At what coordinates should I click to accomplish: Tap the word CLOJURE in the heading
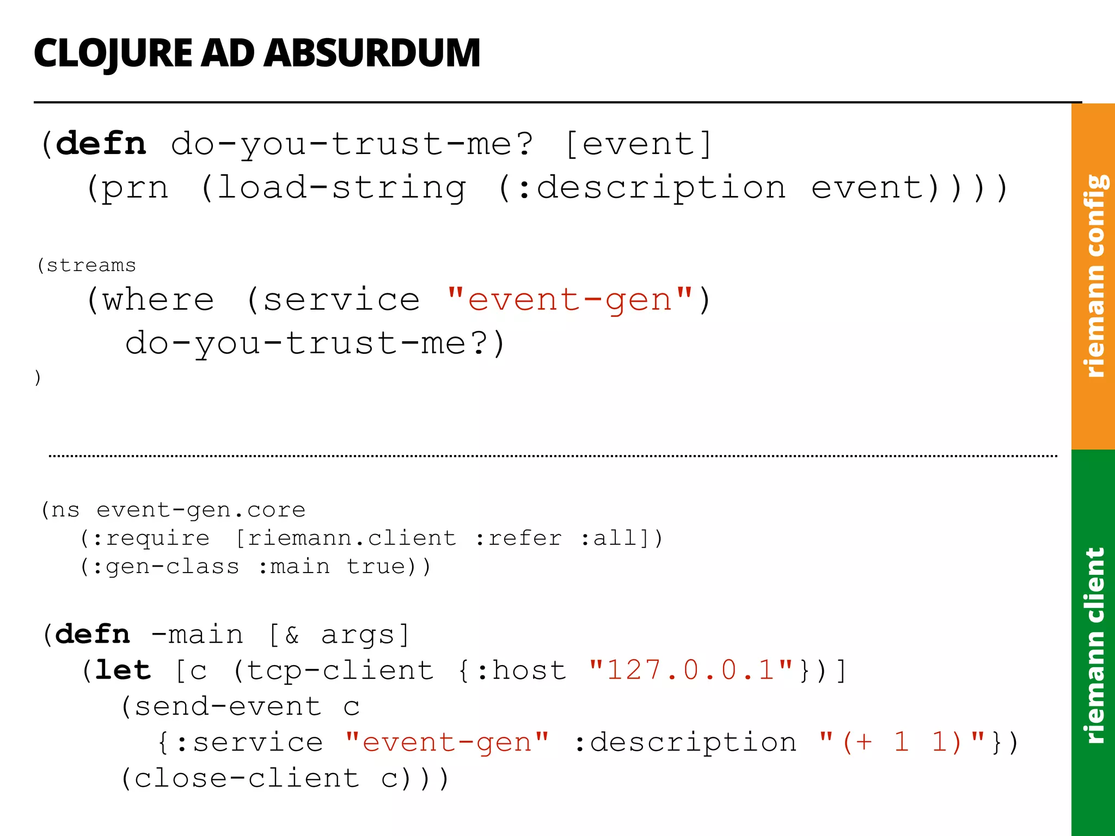point(113,54)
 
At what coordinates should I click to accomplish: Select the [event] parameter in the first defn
point(638,145)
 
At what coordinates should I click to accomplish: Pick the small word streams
point(91,266)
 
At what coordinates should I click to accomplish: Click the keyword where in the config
point(158,300)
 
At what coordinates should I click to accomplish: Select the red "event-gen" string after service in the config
point(569,300)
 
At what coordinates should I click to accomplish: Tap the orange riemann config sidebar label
point(1094,275)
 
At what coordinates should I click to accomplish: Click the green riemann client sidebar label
point(1094,644)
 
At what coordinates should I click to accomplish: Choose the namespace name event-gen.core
point(201,510)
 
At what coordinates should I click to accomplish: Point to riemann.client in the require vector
point(352,538)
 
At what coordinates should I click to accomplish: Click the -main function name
point(197,635)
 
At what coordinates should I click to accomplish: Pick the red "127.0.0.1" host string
point(690,670)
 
